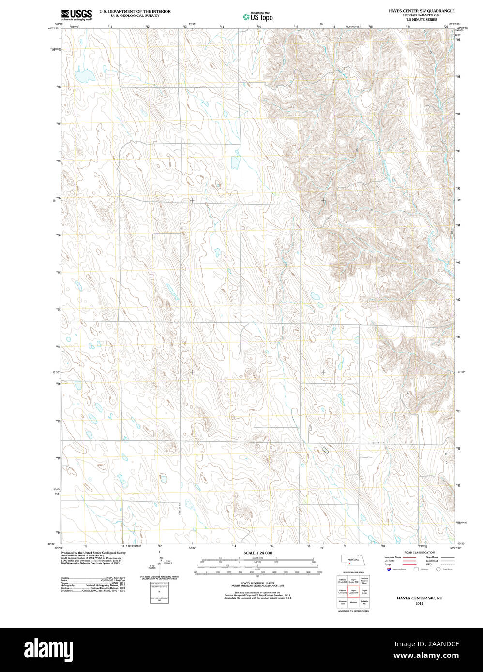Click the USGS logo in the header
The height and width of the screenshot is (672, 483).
click(76, 15)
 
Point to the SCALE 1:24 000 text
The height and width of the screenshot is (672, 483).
click(257, 553)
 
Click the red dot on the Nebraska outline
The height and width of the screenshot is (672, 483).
click(348, 563)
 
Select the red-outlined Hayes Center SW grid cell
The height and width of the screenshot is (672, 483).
click(353, 591)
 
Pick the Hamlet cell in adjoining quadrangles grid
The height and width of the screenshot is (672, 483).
click(353, 602)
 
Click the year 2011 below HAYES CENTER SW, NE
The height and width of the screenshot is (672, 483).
click(419, 603)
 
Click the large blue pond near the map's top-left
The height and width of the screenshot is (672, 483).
click(86, 76)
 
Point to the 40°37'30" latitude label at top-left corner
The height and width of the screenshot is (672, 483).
click(53, 28)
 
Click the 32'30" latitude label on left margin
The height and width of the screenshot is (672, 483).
click(56, 372)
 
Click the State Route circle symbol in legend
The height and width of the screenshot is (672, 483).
click(439, 570)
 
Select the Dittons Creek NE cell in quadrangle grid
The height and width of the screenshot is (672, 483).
click(342, 579)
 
